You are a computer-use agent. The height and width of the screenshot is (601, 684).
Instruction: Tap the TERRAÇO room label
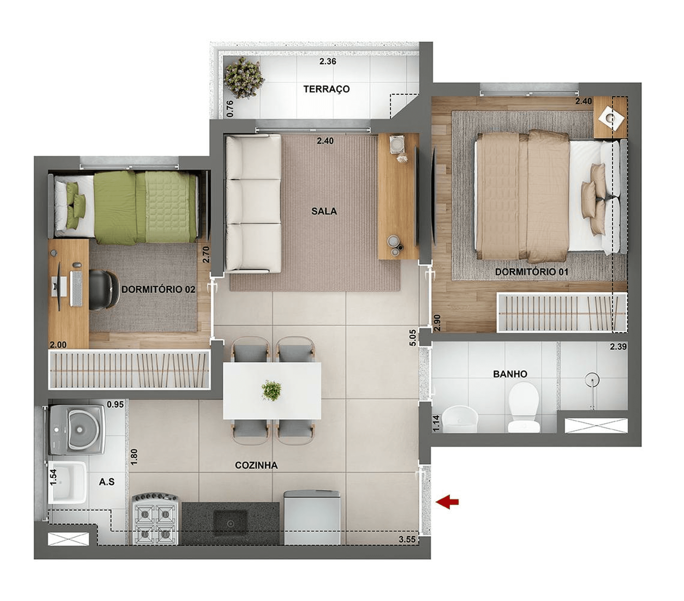(x=327, y=89)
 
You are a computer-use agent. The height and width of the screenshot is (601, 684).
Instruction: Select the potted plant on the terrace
(x=243, y=78)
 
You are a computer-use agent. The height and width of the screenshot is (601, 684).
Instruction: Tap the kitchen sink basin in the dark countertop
(x=230, y=523)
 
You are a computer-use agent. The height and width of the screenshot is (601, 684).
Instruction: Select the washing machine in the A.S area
(x=76, y=429)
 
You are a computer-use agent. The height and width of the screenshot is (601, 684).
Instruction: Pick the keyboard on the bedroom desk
(x=76, y=288)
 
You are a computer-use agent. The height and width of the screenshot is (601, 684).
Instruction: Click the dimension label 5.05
(x=412, y=338)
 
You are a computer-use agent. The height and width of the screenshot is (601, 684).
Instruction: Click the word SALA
(x=324, y=211)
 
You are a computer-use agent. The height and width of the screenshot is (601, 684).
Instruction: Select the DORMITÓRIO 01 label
(x=531, y=272)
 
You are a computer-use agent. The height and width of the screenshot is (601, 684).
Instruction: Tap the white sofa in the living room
(x=253, y=203)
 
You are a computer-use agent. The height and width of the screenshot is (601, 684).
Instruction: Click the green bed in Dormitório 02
(x=125, y=207)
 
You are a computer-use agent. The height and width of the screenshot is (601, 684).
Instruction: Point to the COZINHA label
(x=256, y=465)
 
